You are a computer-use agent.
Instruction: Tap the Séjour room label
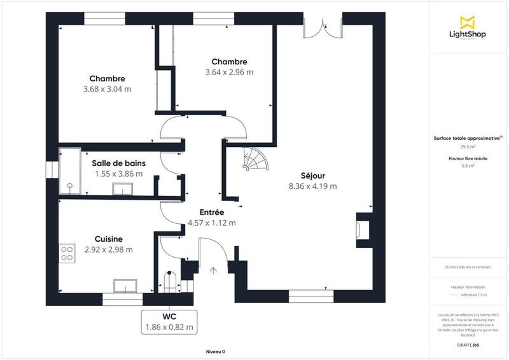tap(312, 176)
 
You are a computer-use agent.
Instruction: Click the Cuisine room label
tap(108, 239)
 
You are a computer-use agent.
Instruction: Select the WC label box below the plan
tap(169, 322)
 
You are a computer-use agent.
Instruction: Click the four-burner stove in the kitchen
tap(66, 254)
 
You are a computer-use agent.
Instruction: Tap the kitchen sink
tap(126, 285)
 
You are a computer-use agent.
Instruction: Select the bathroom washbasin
tap(122, 189)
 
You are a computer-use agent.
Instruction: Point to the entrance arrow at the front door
tap(213, 270)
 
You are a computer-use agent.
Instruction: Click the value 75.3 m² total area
tap(468, 146)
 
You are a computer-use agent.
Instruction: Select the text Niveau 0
tap(215, 352)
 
